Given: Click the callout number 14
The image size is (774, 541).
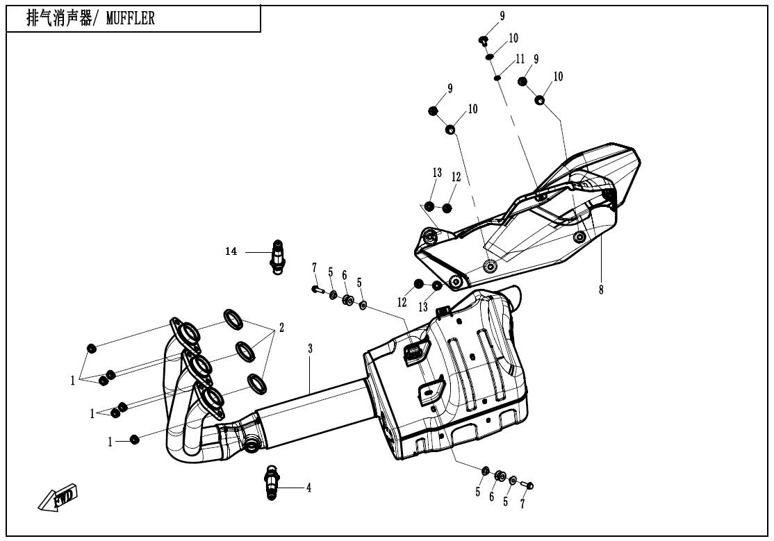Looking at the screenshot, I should (231, 251).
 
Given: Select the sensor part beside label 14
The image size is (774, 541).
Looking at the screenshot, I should (277, 256).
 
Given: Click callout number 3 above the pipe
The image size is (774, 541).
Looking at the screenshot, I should (310, 348).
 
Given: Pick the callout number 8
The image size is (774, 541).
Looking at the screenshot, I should (601, 290).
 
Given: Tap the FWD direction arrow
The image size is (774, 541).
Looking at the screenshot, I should (58, 498).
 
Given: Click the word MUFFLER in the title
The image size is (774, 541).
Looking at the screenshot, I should (131, 19).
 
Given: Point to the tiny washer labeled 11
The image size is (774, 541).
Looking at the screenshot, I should (497, 78).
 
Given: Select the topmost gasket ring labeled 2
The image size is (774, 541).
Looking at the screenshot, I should (233, 319).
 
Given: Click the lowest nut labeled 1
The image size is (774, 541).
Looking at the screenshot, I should (135, 439).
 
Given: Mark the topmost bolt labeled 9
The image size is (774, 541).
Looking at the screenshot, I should (482, 40).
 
